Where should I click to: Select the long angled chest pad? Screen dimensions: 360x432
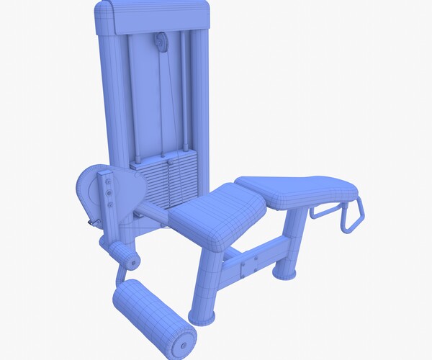pyautogui.click(x=297, y=191)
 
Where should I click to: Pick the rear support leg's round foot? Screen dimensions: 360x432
pyautogui.click(x=283, y=272)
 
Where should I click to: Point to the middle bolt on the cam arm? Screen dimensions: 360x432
pyautogui.click(x=108, y=192)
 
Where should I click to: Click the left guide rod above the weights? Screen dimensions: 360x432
pyautogui.click(x=135, y=94)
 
